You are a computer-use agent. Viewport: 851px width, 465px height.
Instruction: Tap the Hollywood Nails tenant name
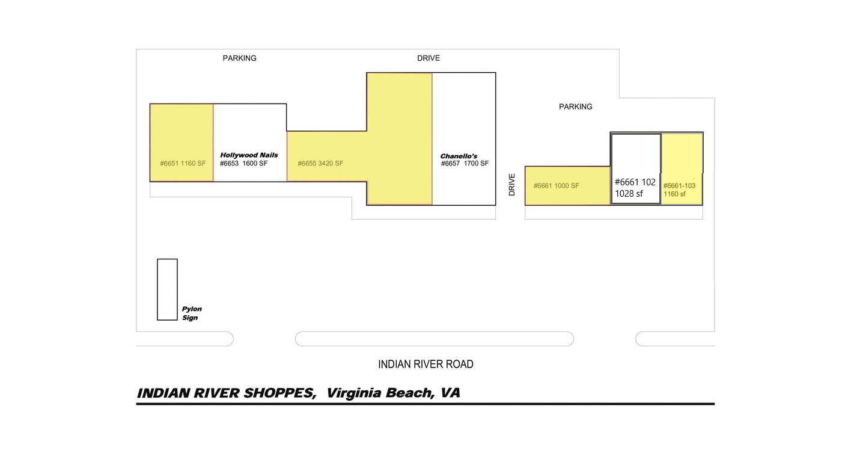tap(249, 155)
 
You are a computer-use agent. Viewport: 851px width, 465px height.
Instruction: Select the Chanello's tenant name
tap(459, 156)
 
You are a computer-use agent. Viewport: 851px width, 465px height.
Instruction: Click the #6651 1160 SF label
tap(183, 164)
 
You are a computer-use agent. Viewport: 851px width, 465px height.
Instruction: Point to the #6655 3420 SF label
tap(320, 164)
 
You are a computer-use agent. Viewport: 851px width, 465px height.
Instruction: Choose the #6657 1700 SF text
tap(465, 164)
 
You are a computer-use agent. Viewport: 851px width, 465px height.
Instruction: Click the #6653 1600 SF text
tap(243, 164)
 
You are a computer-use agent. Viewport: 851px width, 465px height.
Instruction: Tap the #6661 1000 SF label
tap(556, 186)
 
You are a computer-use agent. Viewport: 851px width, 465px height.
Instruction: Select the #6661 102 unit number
tap(635, 182)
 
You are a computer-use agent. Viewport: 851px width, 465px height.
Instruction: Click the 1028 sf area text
tap(629, 194)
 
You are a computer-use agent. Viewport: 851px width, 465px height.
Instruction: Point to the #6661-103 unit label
tap(679, 186)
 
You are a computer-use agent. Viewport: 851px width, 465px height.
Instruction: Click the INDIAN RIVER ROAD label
tap(425, 365)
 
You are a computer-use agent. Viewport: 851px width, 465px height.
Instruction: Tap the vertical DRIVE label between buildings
tap(511, 185)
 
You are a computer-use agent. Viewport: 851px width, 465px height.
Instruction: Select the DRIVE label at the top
tap(429, 58)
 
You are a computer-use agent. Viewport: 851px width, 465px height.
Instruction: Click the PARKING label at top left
tap(239, 58)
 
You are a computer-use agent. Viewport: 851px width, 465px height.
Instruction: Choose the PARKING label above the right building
tap(576, 107)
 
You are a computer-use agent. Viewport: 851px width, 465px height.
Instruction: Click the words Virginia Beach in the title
tap(380, 393)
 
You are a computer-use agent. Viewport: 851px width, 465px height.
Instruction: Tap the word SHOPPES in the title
tap(279, 393)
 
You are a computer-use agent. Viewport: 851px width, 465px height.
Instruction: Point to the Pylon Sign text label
tap(192, 313)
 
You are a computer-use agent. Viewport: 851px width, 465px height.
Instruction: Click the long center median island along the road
tap(435, 339)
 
